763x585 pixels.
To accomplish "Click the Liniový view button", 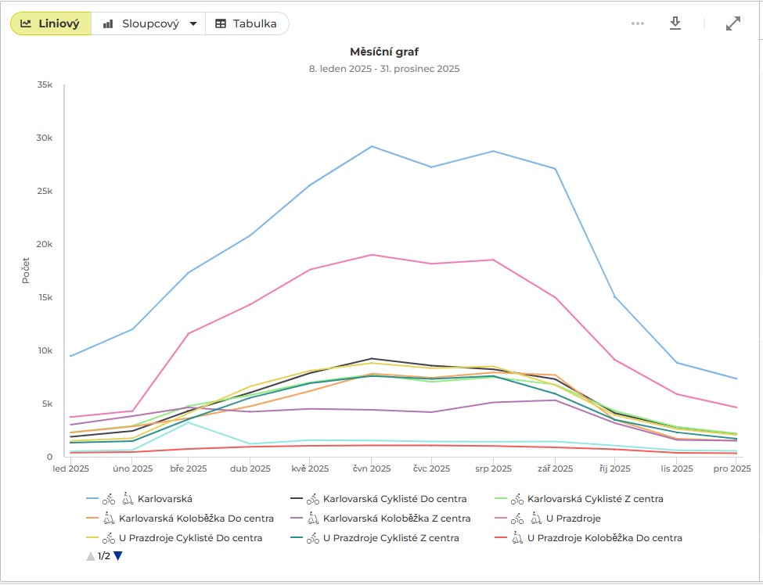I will (x=51, y=23).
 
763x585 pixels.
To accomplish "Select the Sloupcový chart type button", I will (x=149, y=23).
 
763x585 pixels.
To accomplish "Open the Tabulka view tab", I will (x=247, y=23).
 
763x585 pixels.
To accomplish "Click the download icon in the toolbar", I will (x=675, y=23).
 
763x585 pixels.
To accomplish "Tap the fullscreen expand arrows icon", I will (x=732, y=23).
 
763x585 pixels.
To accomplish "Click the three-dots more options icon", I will (x=638, y=23).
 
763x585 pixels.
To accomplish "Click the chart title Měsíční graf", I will (x=383, y=52).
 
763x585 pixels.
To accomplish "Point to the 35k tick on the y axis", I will (x=44, y=84).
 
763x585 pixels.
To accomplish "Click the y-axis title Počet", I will (x=26, y=270).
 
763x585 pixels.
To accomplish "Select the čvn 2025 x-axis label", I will (x=370, y=469).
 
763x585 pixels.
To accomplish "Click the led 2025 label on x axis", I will (x=70, y=469).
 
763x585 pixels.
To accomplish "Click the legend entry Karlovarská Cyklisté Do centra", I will (x=394, y=498).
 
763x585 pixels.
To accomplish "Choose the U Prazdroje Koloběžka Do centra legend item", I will (x=604, y=538).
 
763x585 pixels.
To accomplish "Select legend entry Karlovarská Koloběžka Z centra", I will (x=397, y=518).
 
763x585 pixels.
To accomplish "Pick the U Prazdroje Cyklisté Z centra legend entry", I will (x=390, y=538).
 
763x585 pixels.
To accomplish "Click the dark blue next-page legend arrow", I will (x=118, y=557).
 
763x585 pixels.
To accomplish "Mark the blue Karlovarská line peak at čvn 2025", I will (x=371, y=146).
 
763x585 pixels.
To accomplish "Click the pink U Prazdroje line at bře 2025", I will (x=188, y=333).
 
